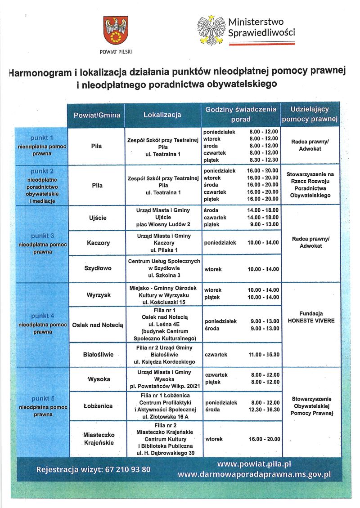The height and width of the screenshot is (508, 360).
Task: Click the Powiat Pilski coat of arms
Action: (116, 31)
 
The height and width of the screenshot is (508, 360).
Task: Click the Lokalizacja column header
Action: (162, 115)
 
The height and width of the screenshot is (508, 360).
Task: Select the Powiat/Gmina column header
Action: (97, 115)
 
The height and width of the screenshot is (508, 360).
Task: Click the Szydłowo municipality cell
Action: (97, 268)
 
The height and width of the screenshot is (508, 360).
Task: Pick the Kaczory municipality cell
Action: (97, 243)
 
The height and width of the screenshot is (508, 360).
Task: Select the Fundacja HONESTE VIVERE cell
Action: (311, 317)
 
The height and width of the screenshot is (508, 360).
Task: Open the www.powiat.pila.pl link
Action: (254, 464)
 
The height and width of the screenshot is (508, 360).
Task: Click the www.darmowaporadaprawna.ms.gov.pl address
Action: (254, 474)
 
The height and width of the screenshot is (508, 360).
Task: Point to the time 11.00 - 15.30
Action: (264, 355)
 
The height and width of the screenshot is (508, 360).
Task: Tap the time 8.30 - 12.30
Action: (264, 160)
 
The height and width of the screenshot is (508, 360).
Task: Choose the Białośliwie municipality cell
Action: (97, 354)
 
